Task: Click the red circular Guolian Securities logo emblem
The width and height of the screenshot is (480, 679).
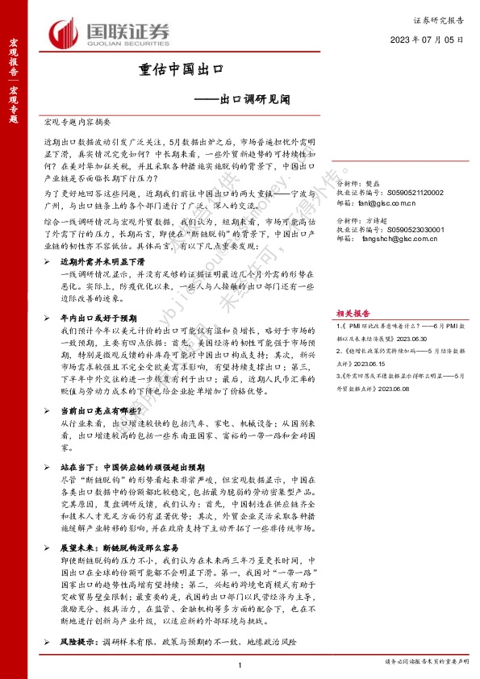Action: click(x=65, y=35)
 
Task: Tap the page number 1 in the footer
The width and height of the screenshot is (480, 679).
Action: click(x=240, y=664)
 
